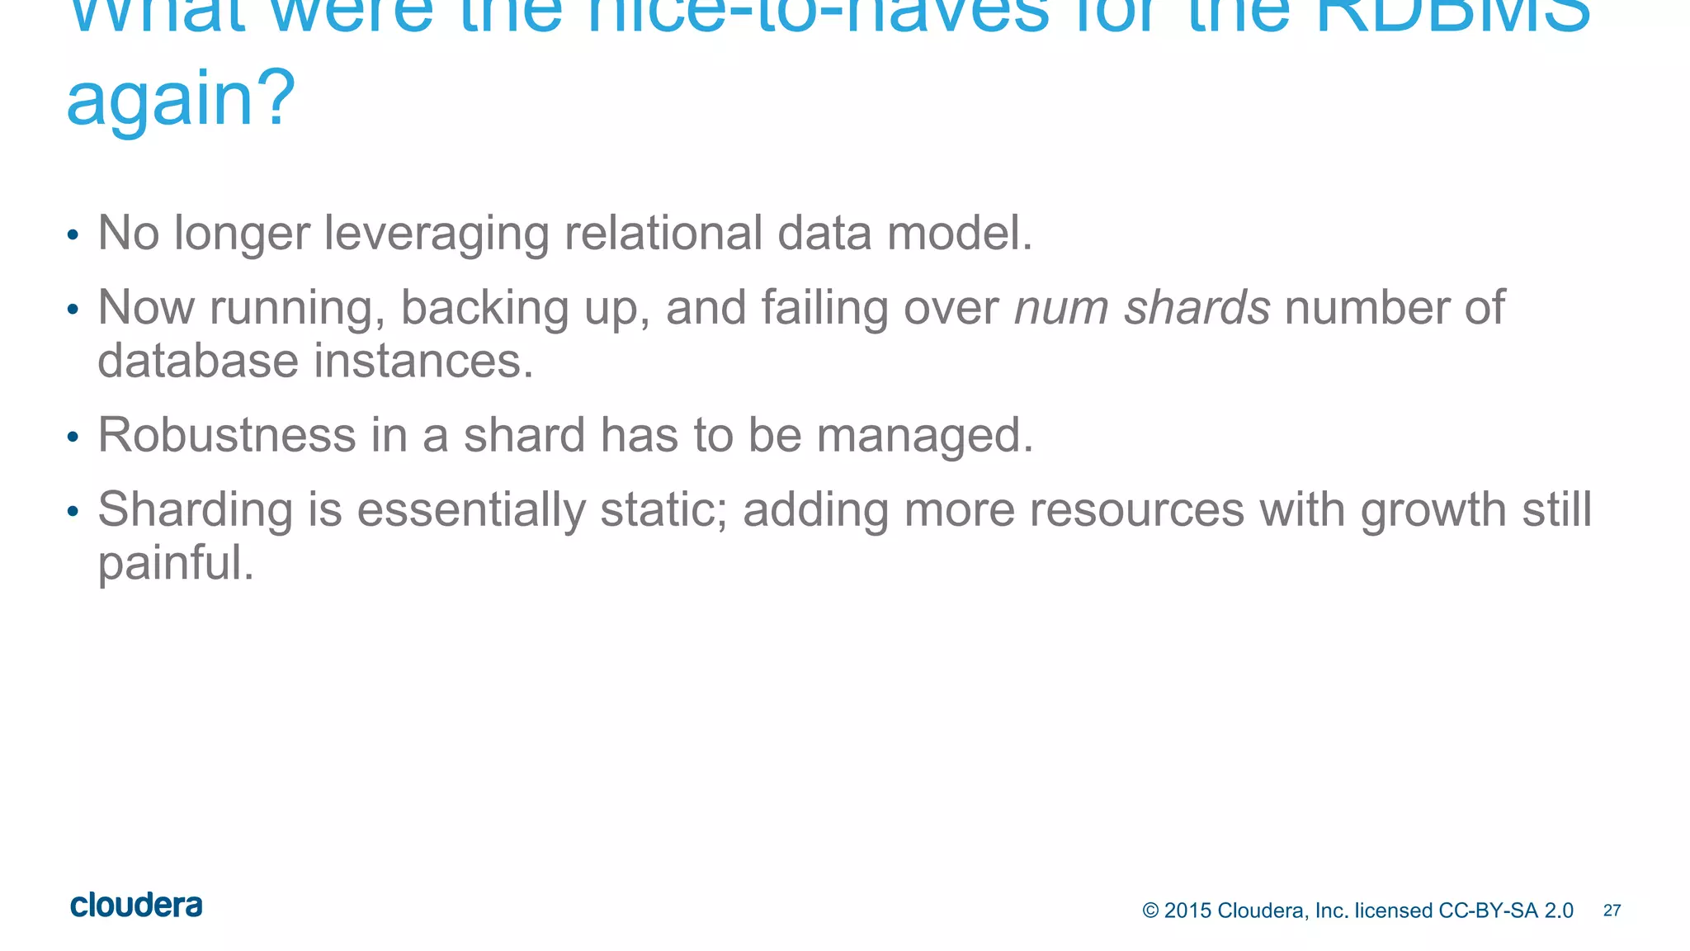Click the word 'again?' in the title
tap(180, 99)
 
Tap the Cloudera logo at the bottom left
tap(136, 906)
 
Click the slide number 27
tap(1612, 911)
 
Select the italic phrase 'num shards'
tap(1141, 308)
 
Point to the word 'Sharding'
tap(196, 509)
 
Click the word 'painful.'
tap(176, 564)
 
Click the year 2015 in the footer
tap(1187, 911)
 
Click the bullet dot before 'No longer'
tap(73, 236)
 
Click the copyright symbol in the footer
tap(1150, 911)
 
